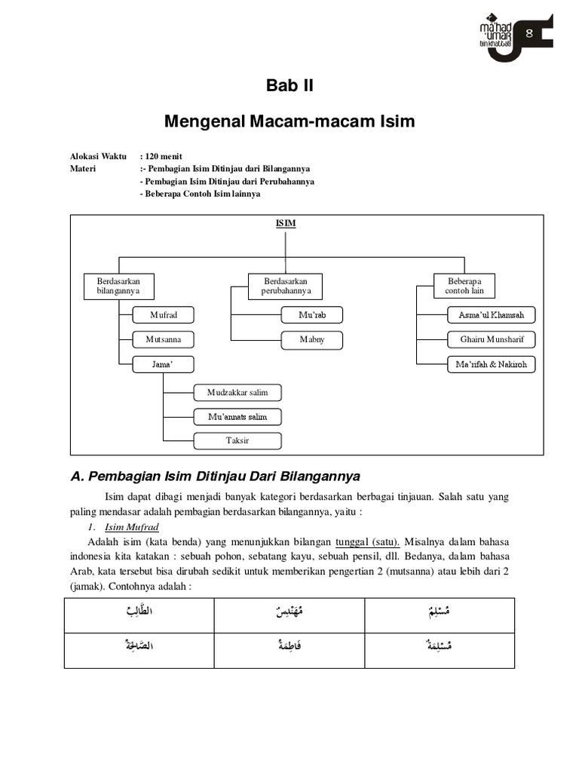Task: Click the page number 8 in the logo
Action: pyautogui.click(x=529, y=32)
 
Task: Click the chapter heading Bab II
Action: pyautogui.click(x=289, y=86)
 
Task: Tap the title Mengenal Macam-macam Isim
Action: pyautogui.click(x=289, y=121)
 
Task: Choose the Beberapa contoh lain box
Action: pyautogui.click(x=464, y=286)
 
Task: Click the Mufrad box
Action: pyautogui.click(x=163, y=314)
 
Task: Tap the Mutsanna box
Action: pyautogui.click(x=163, y=339)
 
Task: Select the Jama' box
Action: pyautogui.click(x=163, y=364)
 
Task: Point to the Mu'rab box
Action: pyautogui.click(x=311, y=314)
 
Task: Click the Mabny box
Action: pyautogui.click(x=311, y=339)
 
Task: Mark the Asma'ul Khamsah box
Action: pyautogui.click(x=491, y=314)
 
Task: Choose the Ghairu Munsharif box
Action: pyautogui.click(x=491, y=339)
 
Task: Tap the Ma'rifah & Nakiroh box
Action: pyautogui.click(x=491, y=364)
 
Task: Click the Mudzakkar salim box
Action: pyautogui.click(x=237, y=392)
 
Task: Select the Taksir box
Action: pyautogui.click(x=237, y=440)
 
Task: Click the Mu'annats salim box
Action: pyautogui.click(x=237, y=416)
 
